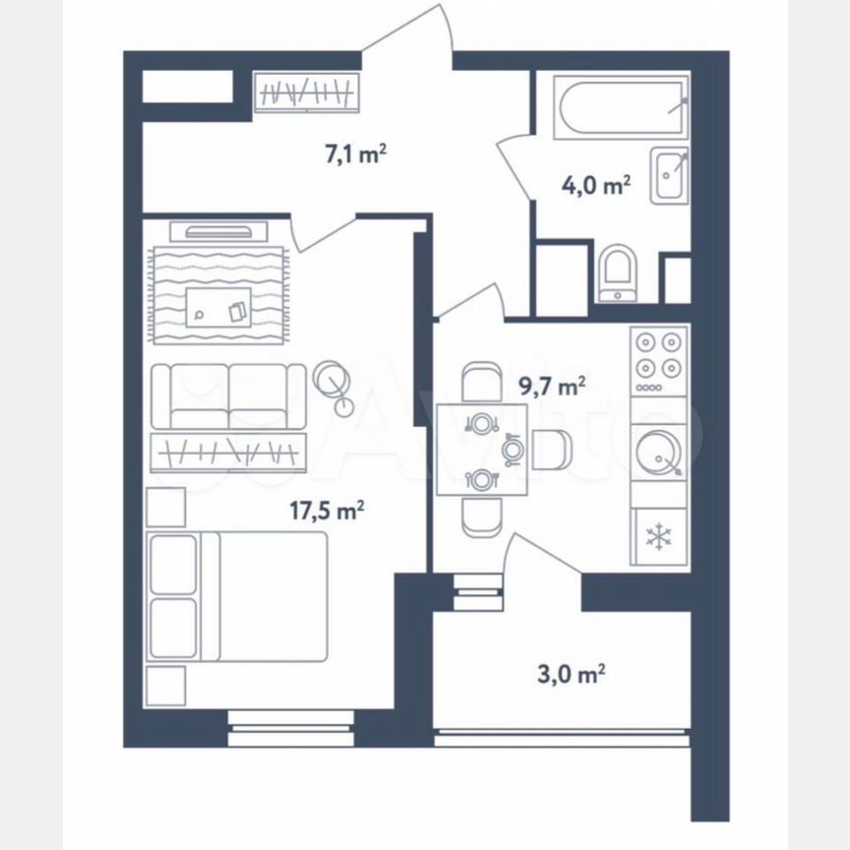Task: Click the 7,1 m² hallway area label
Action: [x=355, y=154]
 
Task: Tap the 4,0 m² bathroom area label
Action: [x=595, y=185]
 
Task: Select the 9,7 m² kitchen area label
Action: [x=552, y=387]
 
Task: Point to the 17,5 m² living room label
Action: [x=327, y=511]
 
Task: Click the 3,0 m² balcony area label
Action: [x=571, y=675]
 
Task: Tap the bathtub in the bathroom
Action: [x=621, y=107]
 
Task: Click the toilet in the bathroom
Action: [x=618, y=273]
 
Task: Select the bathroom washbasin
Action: [x=670, y=175]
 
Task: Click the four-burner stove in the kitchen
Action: [x=658, y=361]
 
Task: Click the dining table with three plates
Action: [x=482, y=450]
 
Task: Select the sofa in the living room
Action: [x=228, y=396]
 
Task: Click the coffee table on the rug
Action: [x=218, y=307]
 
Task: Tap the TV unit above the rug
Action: [x=218, y=231]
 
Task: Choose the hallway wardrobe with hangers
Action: [x=307, y=92]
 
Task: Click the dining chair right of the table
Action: [x=551, y=450]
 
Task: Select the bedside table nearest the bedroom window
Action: [x=166, y=686]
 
